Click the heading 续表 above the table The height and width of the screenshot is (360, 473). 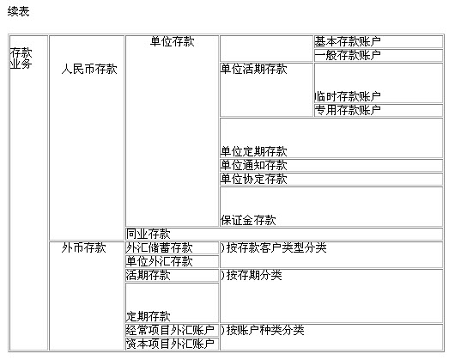(18, 11)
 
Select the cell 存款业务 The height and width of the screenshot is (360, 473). (28, 192)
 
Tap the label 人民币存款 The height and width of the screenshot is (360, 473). (89, 69)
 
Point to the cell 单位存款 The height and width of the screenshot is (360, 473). (172, 131)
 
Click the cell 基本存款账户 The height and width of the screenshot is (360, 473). (379, 42)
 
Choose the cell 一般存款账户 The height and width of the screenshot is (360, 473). (379, 55)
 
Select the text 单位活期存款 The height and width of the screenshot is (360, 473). (253, 69)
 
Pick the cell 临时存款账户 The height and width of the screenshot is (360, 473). (379, 82)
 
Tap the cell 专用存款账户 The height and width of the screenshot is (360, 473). (379, 110)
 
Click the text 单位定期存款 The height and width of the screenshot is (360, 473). (253, 151)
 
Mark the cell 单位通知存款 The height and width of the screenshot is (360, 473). (331, 165)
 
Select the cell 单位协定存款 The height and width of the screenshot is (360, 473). (331, 179)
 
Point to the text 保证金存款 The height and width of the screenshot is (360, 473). (248, 220)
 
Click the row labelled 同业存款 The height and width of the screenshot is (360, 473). (284, 234)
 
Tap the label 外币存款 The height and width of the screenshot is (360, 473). (83, 247)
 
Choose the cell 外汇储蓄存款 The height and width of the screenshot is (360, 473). (172, 247)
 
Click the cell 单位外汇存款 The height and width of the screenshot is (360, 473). (172, 261)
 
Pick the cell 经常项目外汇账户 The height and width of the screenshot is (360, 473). (172, 330)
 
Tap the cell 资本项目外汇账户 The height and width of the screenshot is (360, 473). (172, 344)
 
